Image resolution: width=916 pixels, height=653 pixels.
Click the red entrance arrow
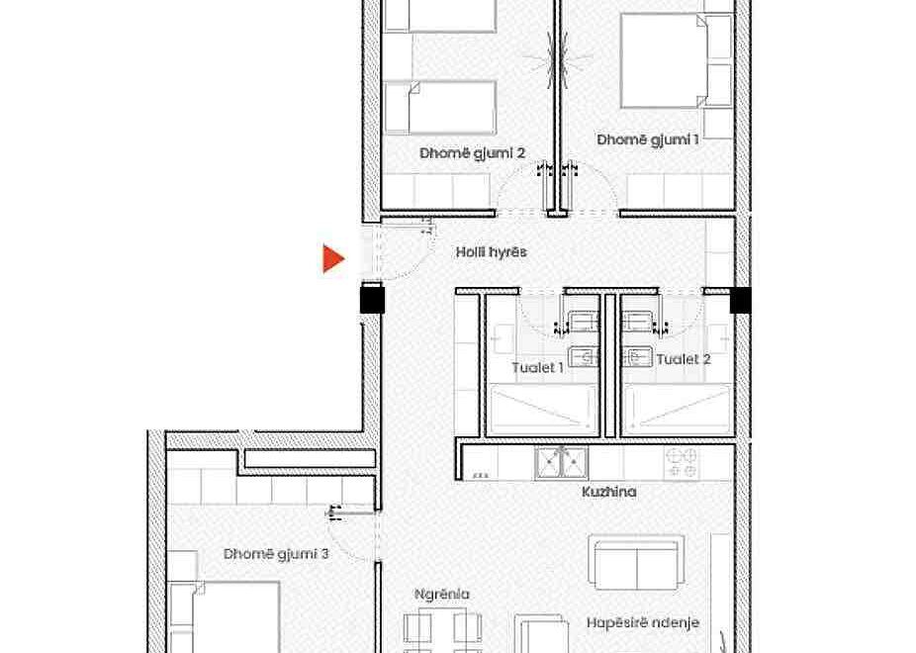[x=333, y=259]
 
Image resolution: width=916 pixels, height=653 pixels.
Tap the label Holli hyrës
[x=492, y=252]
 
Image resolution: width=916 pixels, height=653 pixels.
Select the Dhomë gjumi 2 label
[x=472, y=153]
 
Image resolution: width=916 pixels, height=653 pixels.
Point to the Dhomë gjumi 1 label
[x=648, y=140]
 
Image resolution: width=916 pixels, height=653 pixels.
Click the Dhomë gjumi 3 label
[x=276, y=554]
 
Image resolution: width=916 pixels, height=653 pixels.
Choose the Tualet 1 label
[x=537, y=367]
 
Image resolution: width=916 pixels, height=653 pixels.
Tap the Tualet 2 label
[x=684, y=358]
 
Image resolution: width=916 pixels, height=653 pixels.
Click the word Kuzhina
[x=608, y=492]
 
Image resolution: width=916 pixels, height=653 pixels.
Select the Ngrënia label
[x=441, y=594]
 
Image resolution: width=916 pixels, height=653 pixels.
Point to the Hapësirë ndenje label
[x=643, y=622]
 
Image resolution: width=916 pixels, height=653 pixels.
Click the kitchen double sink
[x=561, y=463]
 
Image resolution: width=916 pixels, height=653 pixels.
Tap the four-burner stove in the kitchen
[x=682, y=463]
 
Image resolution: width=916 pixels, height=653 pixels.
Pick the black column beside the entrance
[x=372, y=299]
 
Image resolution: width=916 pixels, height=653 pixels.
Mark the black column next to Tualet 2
[x=741, y=300]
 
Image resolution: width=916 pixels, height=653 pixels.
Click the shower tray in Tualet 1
[x=543, y=409]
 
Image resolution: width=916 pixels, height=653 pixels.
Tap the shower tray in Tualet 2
[x=677, y=409]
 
